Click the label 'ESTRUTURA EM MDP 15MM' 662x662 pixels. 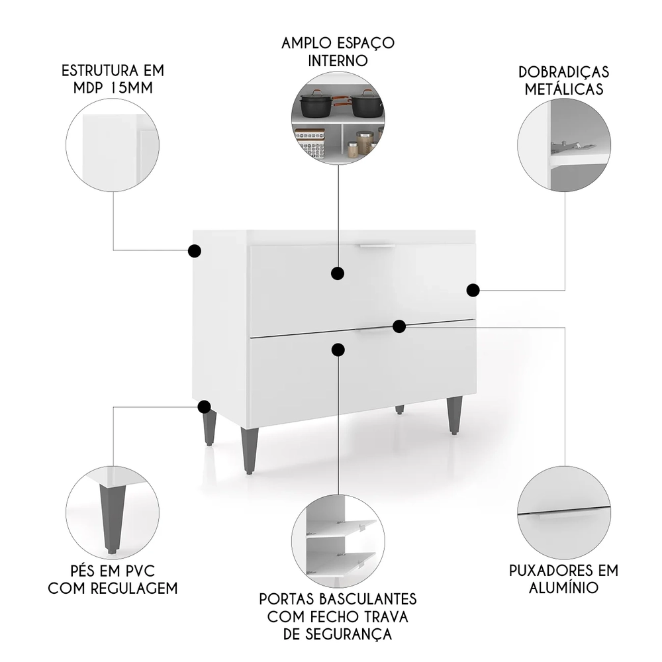click(x=113, y=79)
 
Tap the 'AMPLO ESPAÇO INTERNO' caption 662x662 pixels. click(x=338, y=52)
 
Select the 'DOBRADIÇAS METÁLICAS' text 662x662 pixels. click(x=564, y=80)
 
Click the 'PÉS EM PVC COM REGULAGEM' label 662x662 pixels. click(x=112, y=579)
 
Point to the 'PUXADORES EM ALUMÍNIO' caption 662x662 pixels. click(x=563, y=578)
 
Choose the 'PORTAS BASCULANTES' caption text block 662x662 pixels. click(x=338, y=616)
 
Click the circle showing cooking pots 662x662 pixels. click(x=338, y=118)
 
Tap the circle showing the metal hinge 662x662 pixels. click(x=564, y=146)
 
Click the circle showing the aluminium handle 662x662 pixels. click(x=564, y=512)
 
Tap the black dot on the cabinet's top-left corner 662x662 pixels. click(x=195, y=251)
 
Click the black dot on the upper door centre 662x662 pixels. click(x=338, y=273)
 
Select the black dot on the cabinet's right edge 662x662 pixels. click(x=473, y=290)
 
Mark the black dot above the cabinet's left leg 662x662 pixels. click(x=205, y=406)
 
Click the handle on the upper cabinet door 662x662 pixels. click(x=377, y=246)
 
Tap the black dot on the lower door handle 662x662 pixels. click(x=399, y=326)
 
